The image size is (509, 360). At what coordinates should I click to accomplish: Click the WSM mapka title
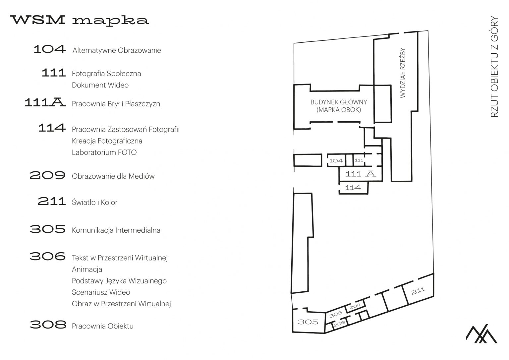(x=80, y=20)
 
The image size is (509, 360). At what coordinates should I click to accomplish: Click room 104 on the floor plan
(x=336, y=161)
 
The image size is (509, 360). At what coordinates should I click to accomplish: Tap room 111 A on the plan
(x=361, y=174)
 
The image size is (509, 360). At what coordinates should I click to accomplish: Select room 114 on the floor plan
(x=353, y=188)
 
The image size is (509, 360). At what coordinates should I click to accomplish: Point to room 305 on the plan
(x=308, y=322)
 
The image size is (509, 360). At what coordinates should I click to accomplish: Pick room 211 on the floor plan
(x=418, y=291)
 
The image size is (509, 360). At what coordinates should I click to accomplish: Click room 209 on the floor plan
(x=355, y=306)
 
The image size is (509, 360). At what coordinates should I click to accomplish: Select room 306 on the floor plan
(x=336, y=313)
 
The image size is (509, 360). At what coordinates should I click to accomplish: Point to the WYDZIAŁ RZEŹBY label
(x=403, y=73)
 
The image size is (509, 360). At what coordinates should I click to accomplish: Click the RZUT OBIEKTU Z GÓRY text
(x=494, y=66)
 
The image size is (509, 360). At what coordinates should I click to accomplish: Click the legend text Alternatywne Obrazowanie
(x=117, y=51)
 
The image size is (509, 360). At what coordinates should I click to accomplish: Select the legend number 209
(x=47, y=175)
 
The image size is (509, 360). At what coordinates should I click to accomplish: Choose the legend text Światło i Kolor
(x=94, y=203)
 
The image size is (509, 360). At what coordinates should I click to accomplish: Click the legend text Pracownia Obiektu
(x=102, y=326)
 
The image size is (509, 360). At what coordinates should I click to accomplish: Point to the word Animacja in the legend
(x=87, y=269)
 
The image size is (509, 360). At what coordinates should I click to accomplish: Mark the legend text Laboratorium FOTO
(x=104, y=152)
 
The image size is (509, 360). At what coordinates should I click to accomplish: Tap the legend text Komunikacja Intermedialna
(x=116, y=230)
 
